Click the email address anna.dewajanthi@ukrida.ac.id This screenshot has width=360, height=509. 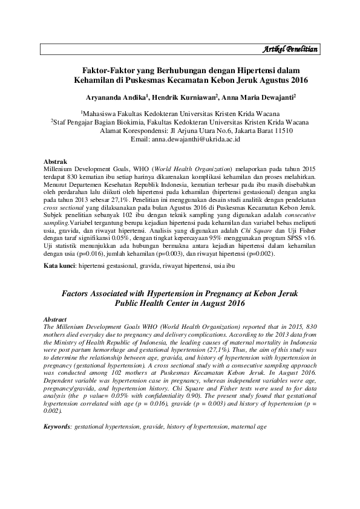[203, 138]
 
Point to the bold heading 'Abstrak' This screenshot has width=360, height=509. [57, 162]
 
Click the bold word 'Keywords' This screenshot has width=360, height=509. [59, 427]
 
